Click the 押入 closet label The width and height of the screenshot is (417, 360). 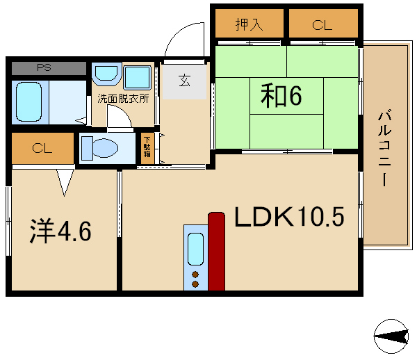pos(250,24)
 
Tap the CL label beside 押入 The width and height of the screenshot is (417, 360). pos(322,25)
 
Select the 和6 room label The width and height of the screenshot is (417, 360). pos(281,95)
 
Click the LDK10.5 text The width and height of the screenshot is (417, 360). pos(289,217)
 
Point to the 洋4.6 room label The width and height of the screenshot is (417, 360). pos(60,231)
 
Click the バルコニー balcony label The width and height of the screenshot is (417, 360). pos(384,148)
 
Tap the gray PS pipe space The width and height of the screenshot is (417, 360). pos(49,68)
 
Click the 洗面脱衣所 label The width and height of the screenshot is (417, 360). pos(123,99)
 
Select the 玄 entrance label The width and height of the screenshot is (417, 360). pos(184,81)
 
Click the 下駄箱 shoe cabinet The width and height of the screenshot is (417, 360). pos(147,148)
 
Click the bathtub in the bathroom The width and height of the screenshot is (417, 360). pos(28,102)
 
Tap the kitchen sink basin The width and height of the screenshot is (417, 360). pos(195,249)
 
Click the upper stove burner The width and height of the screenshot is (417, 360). pos(195,274)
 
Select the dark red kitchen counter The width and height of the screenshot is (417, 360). pos(216,252)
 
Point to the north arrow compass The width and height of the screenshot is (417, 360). pos(391,336)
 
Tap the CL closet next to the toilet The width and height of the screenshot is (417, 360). pos(42,148)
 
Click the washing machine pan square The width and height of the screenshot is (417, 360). pos(137,77)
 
